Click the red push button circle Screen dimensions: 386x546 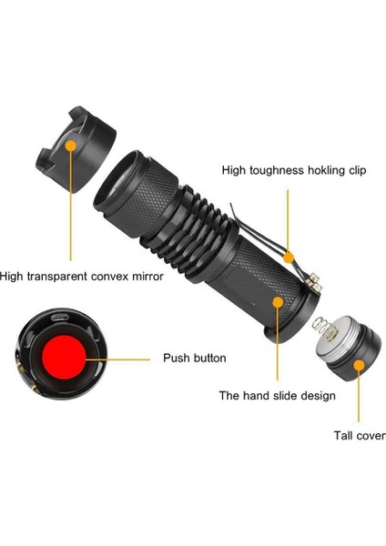point(64,358)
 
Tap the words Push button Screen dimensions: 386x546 point(195,358)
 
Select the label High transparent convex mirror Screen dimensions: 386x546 point(82,277)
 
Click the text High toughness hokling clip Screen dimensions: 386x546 point(294,170)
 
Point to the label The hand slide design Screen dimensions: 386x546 point(278,396)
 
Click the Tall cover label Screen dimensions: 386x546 point(360,436)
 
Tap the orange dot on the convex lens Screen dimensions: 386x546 point(71,146)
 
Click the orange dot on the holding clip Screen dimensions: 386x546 point(289,258)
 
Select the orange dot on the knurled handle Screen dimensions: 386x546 point(278,302)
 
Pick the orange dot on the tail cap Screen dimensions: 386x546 point(359,365)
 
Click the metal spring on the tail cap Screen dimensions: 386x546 point(324,329)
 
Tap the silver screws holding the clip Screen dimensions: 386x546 point(314,282)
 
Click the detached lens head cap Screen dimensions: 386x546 point(76,149)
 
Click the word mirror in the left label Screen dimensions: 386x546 point(148,277)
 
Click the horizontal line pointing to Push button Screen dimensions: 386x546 point(117,359)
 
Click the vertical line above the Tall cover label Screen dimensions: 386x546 point(359,396)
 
